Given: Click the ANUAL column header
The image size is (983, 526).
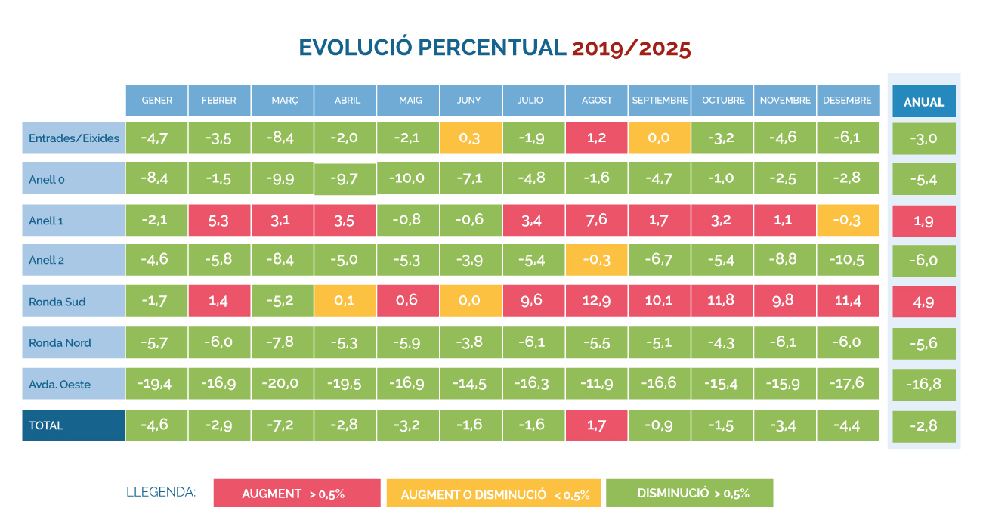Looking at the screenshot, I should [923, 101].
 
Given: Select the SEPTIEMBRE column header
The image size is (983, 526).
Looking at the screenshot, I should [660, 101].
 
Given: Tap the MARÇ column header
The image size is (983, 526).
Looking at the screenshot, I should [283, 101].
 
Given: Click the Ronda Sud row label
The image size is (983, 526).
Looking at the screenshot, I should [73, 302].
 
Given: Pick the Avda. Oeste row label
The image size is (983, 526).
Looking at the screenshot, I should [73, 384].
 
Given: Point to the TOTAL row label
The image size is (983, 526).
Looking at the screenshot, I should [73, 425].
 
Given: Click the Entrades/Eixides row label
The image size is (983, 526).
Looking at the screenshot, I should [73, 138].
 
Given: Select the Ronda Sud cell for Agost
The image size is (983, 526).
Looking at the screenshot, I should [596, 301].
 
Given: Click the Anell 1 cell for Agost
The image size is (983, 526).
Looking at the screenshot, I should [596, 220].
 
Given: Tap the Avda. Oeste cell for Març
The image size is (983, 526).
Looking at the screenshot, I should [283, 383].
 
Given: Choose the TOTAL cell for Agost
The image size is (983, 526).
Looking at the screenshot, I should [596, 425].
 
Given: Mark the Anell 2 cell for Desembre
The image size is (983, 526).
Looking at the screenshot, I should [848, 260].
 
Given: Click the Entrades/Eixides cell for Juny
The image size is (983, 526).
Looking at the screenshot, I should [471, 138].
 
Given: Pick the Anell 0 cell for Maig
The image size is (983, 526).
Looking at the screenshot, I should [408, 179].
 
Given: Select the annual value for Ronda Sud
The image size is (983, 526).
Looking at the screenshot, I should [923, 302].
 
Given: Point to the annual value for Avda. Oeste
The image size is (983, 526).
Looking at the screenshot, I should [923, 384].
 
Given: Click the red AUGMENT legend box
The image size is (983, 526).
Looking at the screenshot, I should [297, 494].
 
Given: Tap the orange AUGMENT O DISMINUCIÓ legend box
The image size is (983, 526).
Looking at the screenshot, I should [493, 494].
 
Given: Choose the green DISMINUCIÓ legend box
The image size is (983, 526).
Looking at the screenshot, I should [689, 493].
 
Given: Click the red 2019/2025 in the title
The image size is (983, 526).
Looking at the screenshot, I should [632, 48].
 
